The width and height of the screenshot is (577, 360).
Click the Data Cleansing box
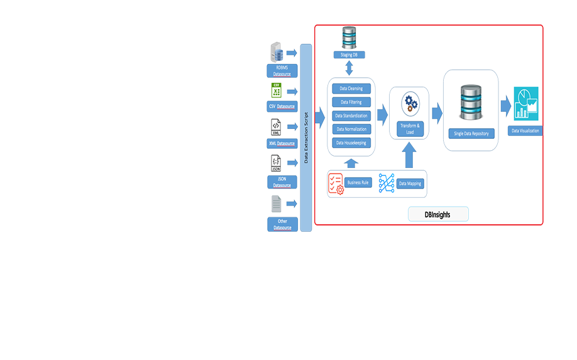tap(351, 89)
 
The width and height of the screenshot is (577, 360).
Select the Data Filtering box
tap(351, 102)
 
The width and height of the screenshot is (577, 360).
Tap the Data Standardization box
tap(351, 116)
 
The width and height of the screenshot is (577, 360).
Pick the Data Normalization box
tap(351, 129)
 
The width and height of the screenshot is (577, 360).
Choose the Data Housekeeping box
tap(351, 143)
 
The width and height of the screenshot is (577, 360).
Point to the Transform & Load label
tap(410, 129)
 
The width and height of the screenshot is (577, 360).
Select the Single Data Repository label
tap(471, 133)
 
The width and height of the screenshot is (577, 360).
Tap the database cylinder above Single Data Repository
tap(471, 102)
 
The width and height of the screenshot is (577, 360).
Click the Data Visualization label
tap(524, 131)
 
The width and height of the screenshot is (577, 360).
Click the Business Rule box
tap(358, 182)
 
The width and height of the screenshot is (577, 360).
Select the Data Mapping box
tap(410, 183)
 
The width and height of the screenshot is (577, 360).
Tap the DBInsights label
tap(437, 214)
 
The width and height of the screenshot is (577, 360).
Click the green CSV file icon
tap(276, 90)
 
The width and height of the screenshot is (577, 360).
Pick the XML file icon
tap(276, 128)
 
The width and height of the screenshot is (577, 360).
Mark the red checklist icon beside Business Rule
tap(336, 183)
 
